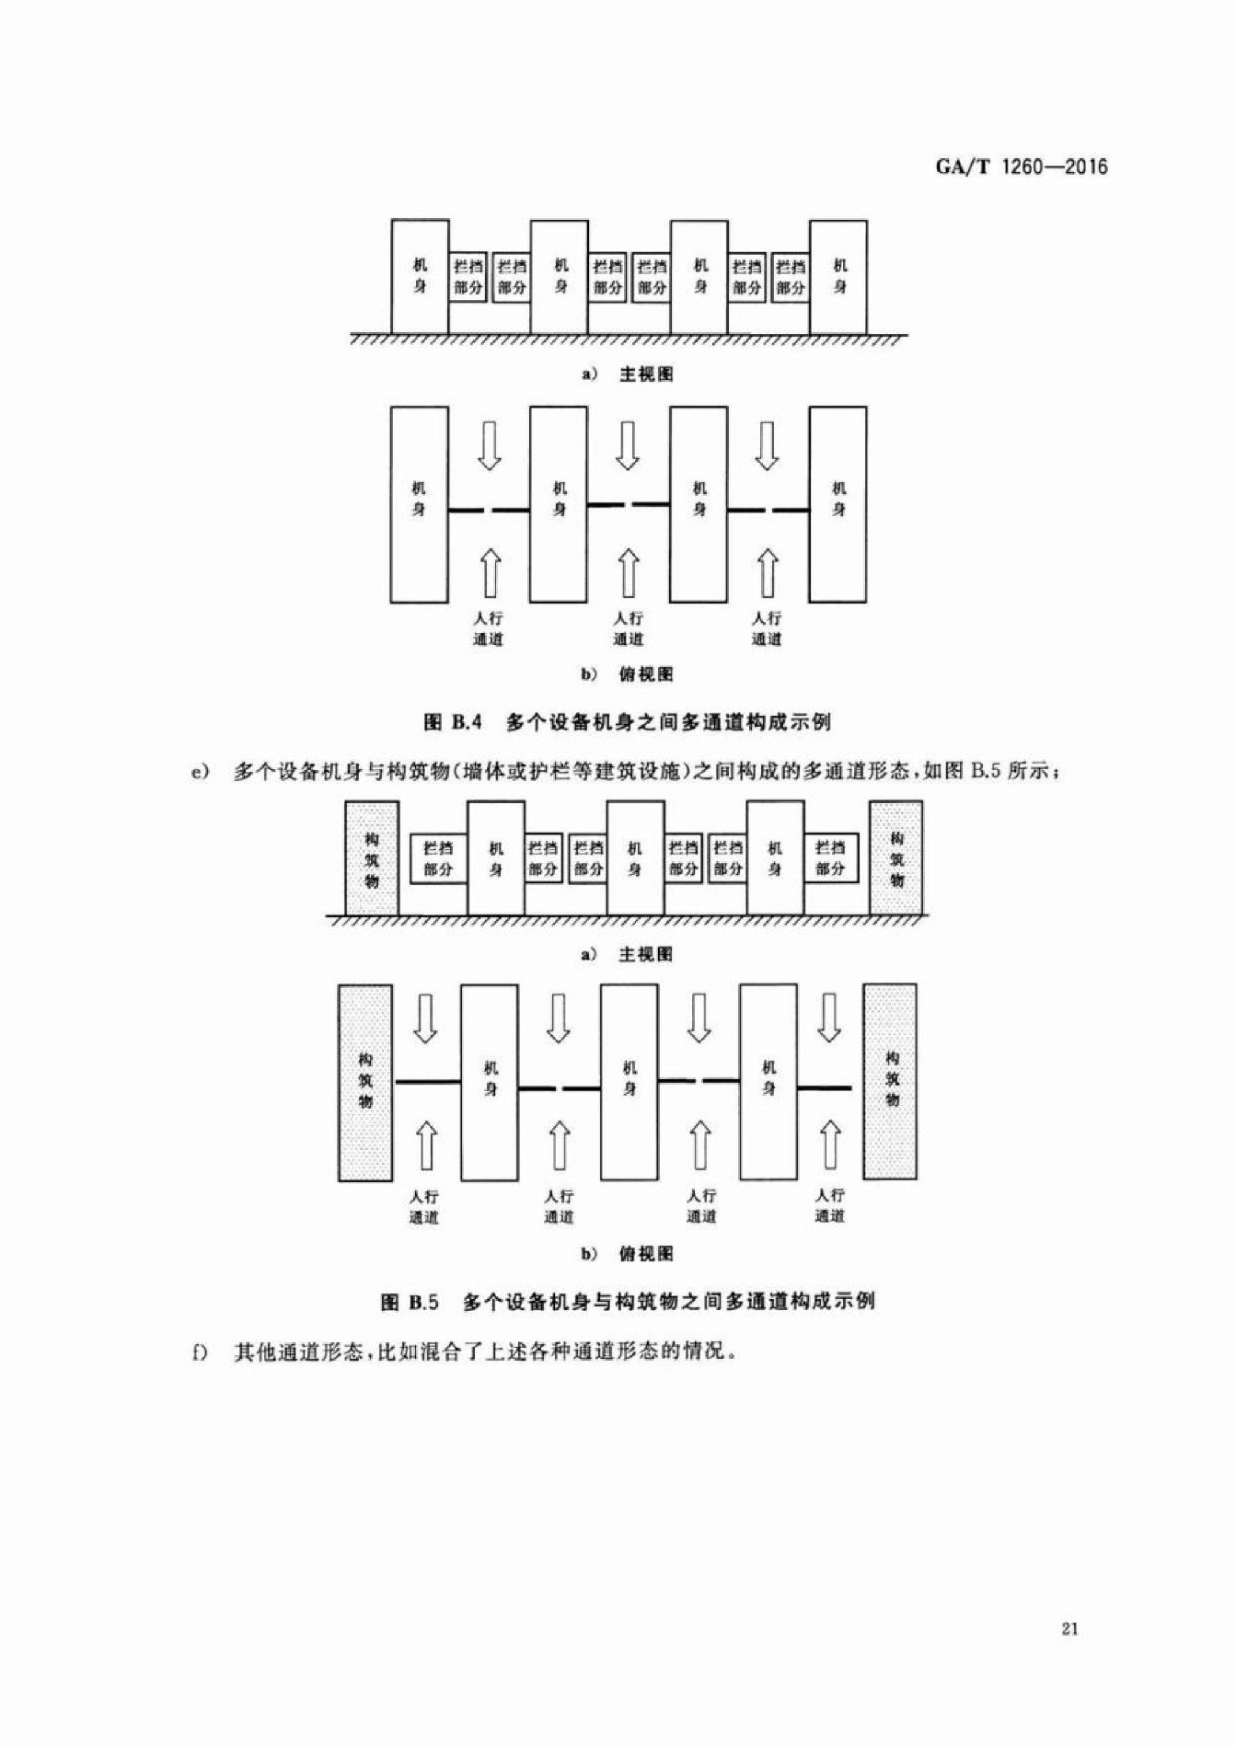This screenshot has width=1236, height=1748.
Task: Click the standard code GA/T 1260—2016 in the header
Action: pos(1022,167)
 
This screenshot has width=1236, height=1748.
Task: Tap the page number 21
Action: pos(1069,1628)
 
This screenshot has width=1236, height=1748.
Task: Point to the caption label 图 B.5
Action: pos(410,1302)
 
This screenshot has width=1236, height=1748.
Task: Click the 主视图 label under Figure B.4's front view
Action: pos(646,374)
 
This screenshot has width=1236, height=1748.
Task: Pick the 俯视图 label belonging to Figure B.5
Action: pos(646,1253)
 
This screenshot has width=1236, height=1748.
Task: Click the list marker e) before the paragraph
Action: pos(200,771)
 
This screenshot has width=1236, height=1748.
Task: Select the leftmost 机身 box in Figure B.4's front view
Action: pos(420,277)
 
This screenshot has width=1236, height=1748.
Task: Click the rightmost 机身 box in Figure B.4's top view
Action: pos(837,504)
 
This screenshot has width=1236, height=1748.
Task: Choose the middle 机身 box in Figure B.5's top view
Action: pos(630,1082)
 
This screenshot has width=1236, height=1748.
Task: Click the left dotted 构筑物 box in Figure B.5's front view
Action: pos(372,858)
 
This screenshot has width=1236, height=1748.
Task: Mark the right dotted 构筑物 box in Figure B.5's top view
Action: pos(890,1081)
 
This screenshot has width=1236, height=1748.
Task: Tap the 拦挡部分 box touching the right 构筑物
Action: pos(830,858)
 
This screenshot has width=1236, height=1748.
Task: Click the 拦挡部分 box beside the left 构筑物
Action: pos(438,858)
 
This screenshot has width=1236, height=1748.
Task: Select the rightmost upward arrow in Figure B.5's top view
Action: pos(831,1144)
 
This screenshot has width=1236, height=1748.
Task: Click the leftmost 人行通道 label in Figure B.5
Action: pos(424,1206)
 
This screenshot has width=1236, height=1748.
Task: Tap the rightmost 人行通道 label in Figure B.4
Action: pos(767,628)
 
